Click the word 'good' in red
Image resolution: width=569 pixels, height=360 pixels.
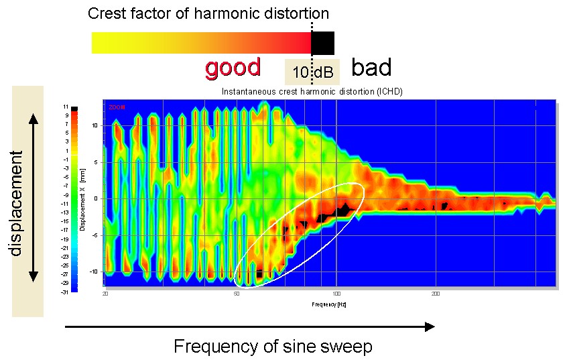pyautogui.click(x=233, y=68)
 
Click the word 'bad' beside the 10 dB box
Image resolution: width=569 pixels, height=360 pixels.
pyautogui.click(x=371, y=68)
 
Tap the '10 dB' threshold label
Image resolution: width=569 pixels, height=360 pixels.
pyautogui.click(x=312, y=72)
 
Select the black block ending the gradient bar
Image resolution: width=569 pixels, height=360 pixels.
pyautogui.click(x=323, y=43)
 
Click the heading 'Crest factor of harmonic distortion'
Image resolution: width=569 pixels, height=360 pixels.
pyautogui.click(x=208, y=13)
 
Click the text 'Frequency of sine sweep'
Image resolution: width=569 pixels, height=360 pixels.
pyautogui.click(x=273, y=347)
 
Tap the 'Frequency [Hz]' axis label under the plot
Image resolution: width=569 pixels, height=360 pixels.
pyautogui.click(x=329, y=304)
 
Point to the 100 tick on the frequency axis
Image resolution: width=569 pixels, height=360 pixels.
pyautogui.click(x=336, y=294)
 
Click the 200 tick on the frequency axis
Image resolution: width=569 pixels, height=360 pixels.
pyautogui.click(x=436, y=294)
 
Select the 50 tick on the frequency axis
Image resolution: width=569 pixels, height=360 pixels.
pyautogui.click(x=237, y=294)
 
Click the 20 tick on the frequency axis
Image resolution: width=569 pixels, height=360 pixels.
pyautogui.click(x=105, y=294)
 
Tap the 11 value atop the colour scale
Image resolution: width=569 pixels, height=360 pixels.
pyautogui.click(x=67, y=107)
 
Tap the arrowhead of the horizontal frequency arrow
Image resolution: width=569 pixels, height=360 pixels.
pyautogui.click(x=430, y=326)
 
